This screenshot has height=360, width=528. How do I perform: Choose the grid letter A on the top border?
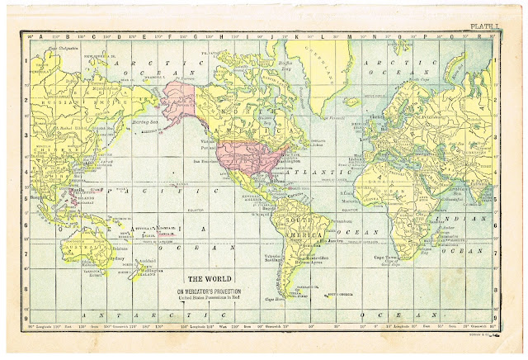coord(46,36)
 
